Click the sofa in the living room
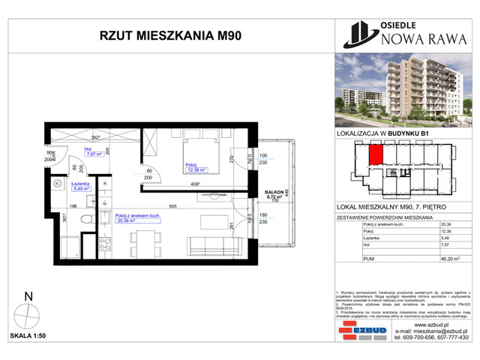coord(210,244)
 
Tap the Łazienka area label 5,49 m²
coord(82,190)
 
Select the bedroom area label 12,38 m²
coord(196,170)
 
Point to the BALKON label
coord(272,193)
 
